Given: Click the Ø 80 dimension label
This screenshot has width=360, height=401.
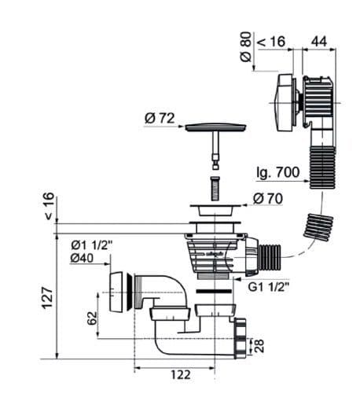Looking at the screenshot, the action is (x=246, y=46).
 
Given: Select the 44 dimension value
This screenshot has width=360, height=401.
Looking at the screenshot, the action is (x=319, y=42).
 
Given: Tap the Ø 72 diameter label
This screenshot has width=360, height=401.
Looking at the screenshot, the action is (x=160, y=119).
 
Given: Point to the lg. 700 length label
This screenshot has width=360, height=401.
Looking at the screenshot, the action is (x=277, y=173).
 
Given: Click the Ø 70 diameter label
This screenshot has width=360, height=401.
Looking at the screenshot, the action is (x=268, y=198).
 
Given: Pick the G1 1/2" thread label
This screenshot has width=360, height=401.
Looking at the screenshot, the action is (x=269, y=287).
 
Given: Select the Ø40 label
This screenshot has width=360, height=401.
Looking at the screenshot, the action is (x=82, y=258).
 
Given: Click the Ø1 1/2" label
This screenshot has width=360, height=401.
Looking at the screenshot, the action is (x=91, y=245).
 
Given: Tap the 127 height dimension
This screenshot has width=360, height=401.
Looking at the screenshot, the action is (x=48, y=298).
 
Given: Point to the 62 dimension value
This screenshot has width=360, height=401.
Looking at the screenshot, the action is (x=92, y=318).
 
